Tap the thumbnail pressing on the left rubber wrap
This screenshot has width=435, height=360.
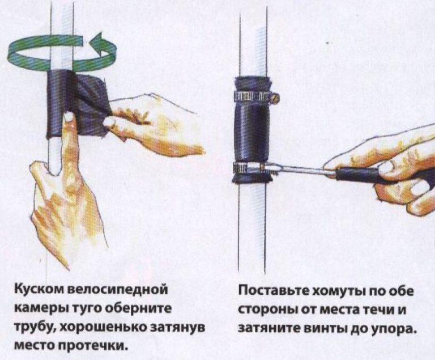click(68, 117)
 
